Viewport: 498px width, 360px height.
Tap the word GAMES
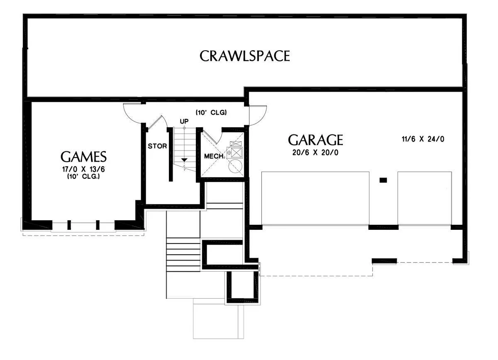point(83,157)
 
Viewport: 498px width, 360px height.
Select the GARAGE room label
point(315,140)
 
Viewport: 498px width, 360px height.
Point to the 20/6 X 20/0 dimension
point(315,153)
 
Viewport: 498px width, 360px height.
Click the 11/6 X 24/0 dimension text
point(423,139)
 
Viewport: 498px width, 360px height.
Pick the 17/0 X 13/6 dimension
point(83,169)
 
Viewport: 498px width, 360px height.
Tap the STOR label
point(157,146)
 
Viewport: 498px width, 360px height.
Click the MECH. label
point(214,156)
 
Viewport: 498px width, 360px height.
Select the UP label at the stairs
point(184,122)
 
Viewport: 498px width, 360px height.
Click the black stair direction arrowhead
point(184,160)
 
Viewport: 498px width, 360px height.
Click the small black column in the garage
point(383,180)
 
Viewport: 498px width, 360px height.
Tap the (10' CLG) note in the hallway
point(211,112)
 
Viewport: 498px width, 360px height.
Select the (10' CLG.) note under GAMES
point(83,176)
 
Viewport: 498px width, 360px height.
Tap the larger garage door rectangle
point(315,198)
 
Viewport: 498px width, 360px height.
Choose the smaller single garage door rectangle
point(425,198)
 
